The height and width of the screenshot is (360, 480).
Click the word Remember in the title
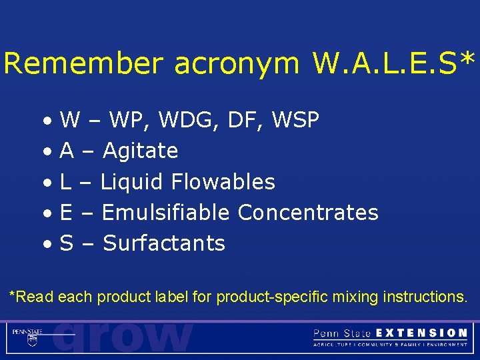[83, 64]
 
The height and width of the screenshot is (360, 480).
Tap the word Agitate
[140, 151]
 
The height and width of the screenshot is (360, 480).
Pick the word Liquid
[132, 182]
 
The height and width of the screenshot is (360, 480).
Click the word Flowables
[223, 182]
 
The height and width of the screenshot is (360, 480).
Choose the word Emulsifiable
[166, 213]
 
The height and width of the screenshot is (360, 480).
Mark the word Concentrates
[308, 213]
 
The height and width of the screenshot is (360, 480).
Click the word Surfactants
[164, 243]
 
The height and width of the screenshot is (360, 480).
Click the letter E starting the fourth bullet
[66, 213]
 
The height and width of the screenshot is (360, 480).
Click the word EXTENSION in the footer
[421, 333]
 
